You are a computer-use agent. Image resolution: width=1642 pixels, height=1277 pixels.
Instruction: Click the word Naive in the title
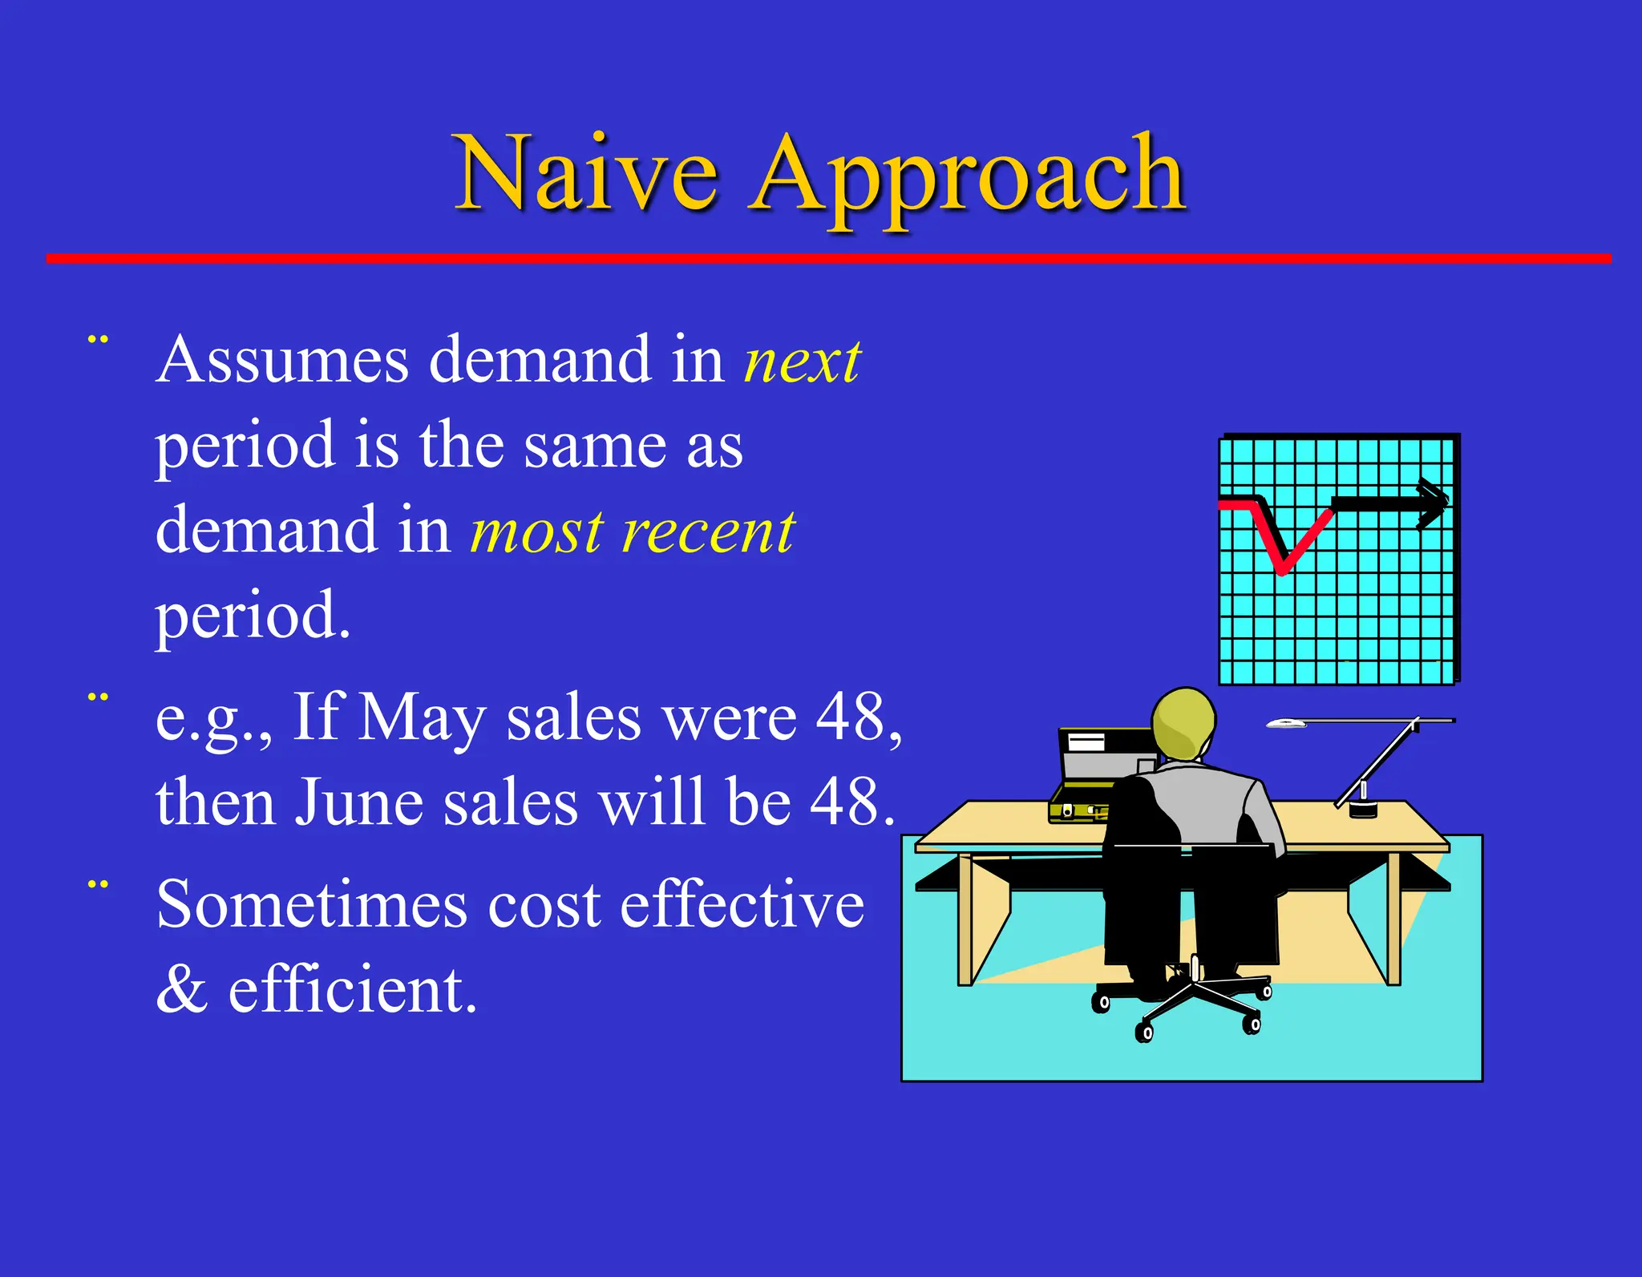coord(585,174)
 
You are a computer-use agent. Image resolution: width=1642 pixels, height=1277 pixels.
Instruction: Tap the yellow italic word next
coord(802,361)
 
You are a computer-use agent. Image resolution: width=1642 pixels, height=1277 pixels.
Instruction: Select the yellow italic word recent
coord(709,532)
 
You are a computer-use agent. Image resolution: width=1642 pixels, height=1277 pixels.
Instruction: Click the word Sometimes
coord(311,906)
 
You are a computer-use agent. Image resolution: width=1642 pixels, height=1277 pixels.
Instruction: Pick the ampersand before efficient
coord(181,991)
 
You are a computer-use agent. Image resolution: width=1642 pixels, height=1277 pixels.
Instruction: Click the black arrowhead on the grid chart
coord(1431,503)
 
